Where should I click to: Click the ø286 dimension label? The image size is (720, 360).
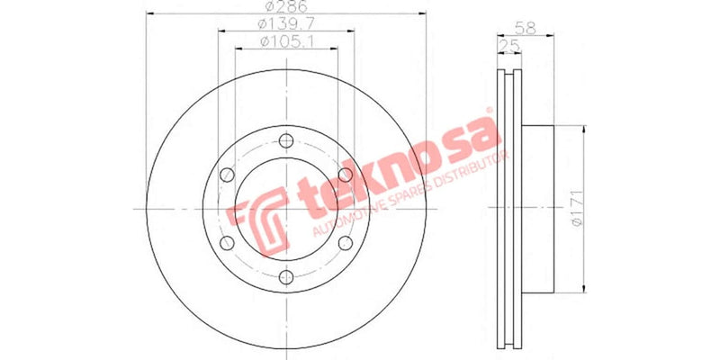(x=286, y=9)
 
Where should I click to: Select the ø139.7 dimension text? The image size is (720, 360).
(x=286, y=25)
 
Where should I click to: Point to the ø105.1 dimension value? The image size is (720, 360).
(x=286, y=42)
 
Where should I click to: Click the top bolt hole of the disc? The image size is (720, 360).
(x=286, y=139)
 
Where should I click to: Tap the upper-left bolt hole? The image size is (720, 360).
(x=228, y=174)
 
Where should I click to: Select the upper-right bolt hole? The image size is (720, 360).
(x=346, y=174)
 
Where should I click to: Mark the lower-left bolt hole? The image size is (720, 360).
(x=228, y=243)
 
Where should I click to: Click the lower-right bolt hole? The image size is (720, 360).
(x=346, y=243)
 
